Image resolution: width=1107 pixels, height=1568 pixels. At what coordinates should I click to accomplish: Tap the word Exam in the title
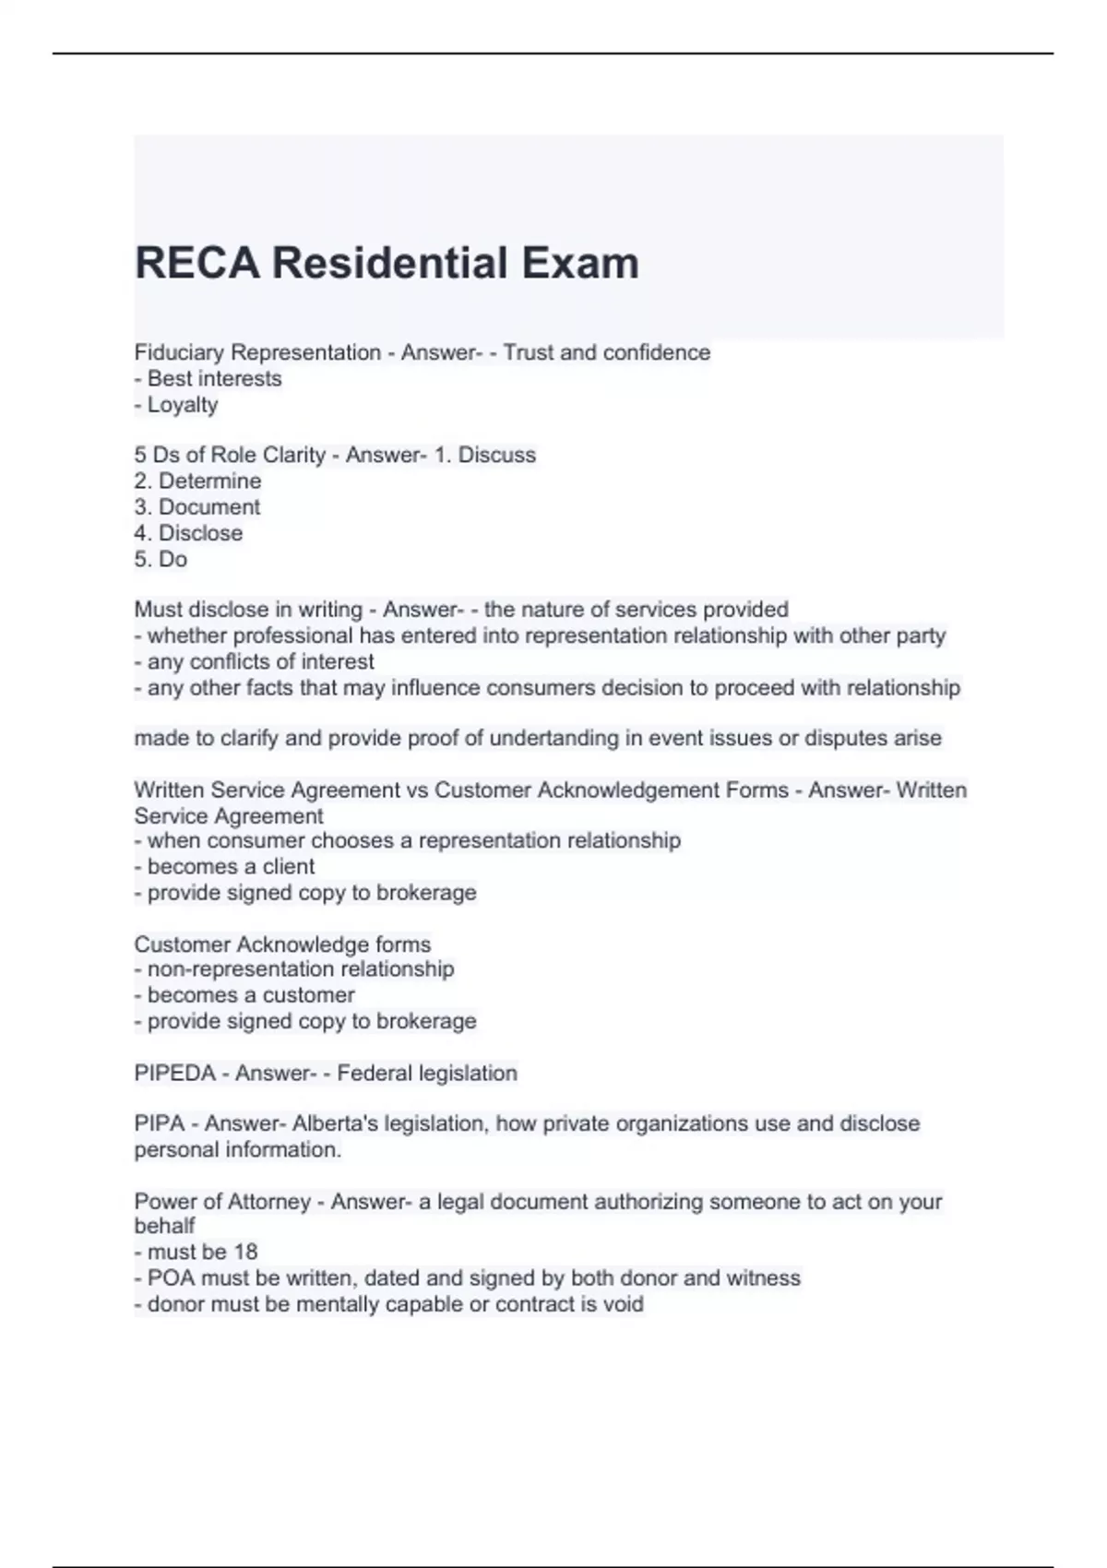tap(580, 263)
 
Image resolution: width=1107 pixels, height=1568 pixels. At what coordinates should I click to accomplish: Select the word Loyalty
tap(183, 405)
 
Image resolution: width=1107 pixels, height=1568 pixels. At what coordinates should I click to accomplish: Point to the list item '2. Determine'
tap(197, 481)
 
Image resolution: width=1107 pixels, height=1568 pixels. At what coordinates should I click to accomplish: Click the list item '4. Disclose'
tap(188, 533)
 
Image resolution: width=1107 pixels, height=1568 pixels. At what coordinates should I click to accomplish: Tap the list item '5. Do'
tap(161, 559)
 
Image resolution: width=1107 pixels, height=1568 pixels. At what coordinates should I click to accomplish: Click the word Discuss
tap(497, 456)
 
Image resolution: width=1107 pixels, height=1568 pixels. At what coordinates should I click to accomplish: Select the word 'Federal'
tap(375, 1074)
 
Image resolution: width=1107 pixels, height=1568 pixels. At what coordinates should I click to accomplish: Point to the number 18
tap(245, 1253)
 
